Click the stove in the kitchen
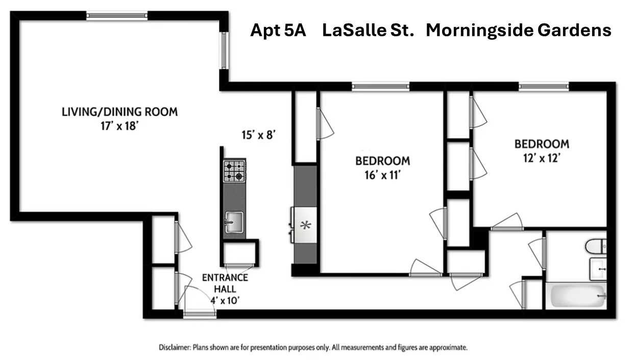click(234, 171)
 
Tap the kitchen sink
click(234, 222)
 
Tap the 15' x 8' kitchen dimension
click(259, 135)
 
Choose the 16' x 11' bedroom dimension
click(382, 176)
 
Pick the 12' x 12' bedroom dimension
click(541, 158)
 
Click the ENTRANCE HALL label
click(225, 283)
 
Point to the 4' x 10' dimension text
click(225, 300)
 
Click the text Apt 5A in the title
click(278, 31)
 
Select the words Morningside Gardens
click(518, 31)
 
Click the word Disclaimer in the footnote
click(175, 348)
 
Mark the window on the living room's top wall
click(117, 16)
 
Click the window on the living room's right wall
click(224, 51)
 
